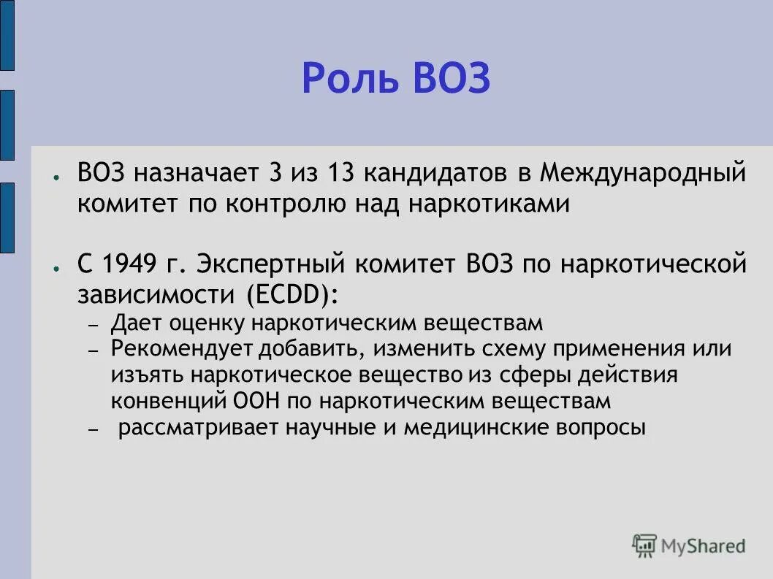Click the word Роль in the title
pos(350,78)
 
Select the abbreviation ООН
pos(255,401)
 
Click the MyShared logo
pos(689,545)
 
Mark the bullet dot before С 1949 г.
pos(56,268)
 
